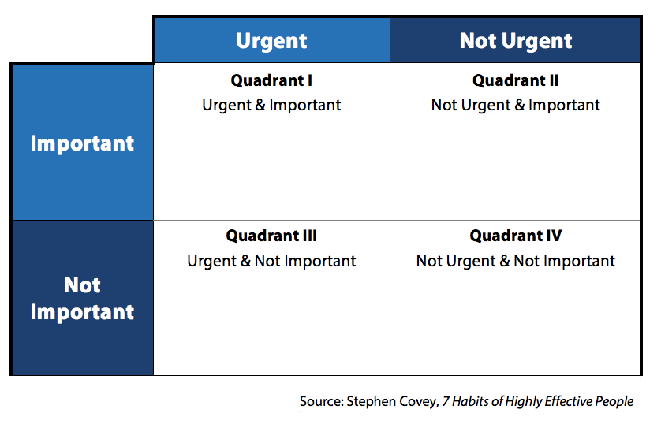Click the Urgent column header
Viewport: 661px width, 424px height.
tap(271, 41)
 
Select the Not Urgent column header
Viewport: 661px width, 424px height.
tap(516, 41)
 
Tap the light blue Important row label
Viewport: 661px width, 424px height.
tap(82, 143)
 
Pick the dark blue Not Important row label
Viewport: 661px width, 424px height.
tap(82, 299)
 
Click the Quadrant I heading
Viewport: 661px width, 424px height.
tap(271, 80)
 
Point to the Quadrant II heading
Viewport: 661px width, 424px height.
tap(516, 80)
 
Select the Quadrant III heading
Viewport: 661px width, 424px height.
tap(271, 236)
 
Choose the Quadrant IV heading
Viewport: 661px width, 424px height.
tap(516, 236)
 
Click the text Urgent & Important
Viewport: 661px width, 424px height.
tap(271, 105)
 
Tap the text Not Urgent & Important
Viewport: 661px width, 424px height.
tap(516, 105)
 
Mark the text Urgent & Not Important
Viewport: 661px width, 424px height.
tap(271, 261)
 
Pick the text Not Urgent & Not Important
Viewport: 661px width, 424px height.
tap(516, 261)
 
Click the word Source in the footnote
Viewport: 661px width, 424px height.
tap(321, 401)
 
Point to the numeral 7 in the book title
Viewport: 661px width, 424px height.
tap(446, 401)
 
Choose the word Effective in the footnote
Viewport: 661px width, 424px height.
tap(570, 401)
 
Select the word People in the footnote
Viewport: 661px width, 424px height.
tap(615, 401)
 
